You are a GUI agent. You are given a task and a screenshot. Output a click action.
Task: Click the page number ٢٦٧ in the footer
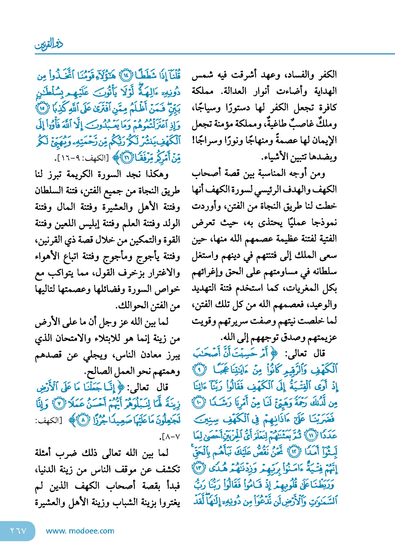pos(18,531)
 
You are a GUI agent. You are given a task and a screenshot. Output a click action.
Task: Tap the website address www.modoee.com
pos(80,531)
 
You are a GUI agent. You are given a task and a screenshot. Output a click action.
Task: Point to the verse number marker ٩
pos(199,370)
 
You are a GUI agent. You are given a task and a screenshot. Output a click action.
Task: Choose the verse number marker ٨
pos(83,420)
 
